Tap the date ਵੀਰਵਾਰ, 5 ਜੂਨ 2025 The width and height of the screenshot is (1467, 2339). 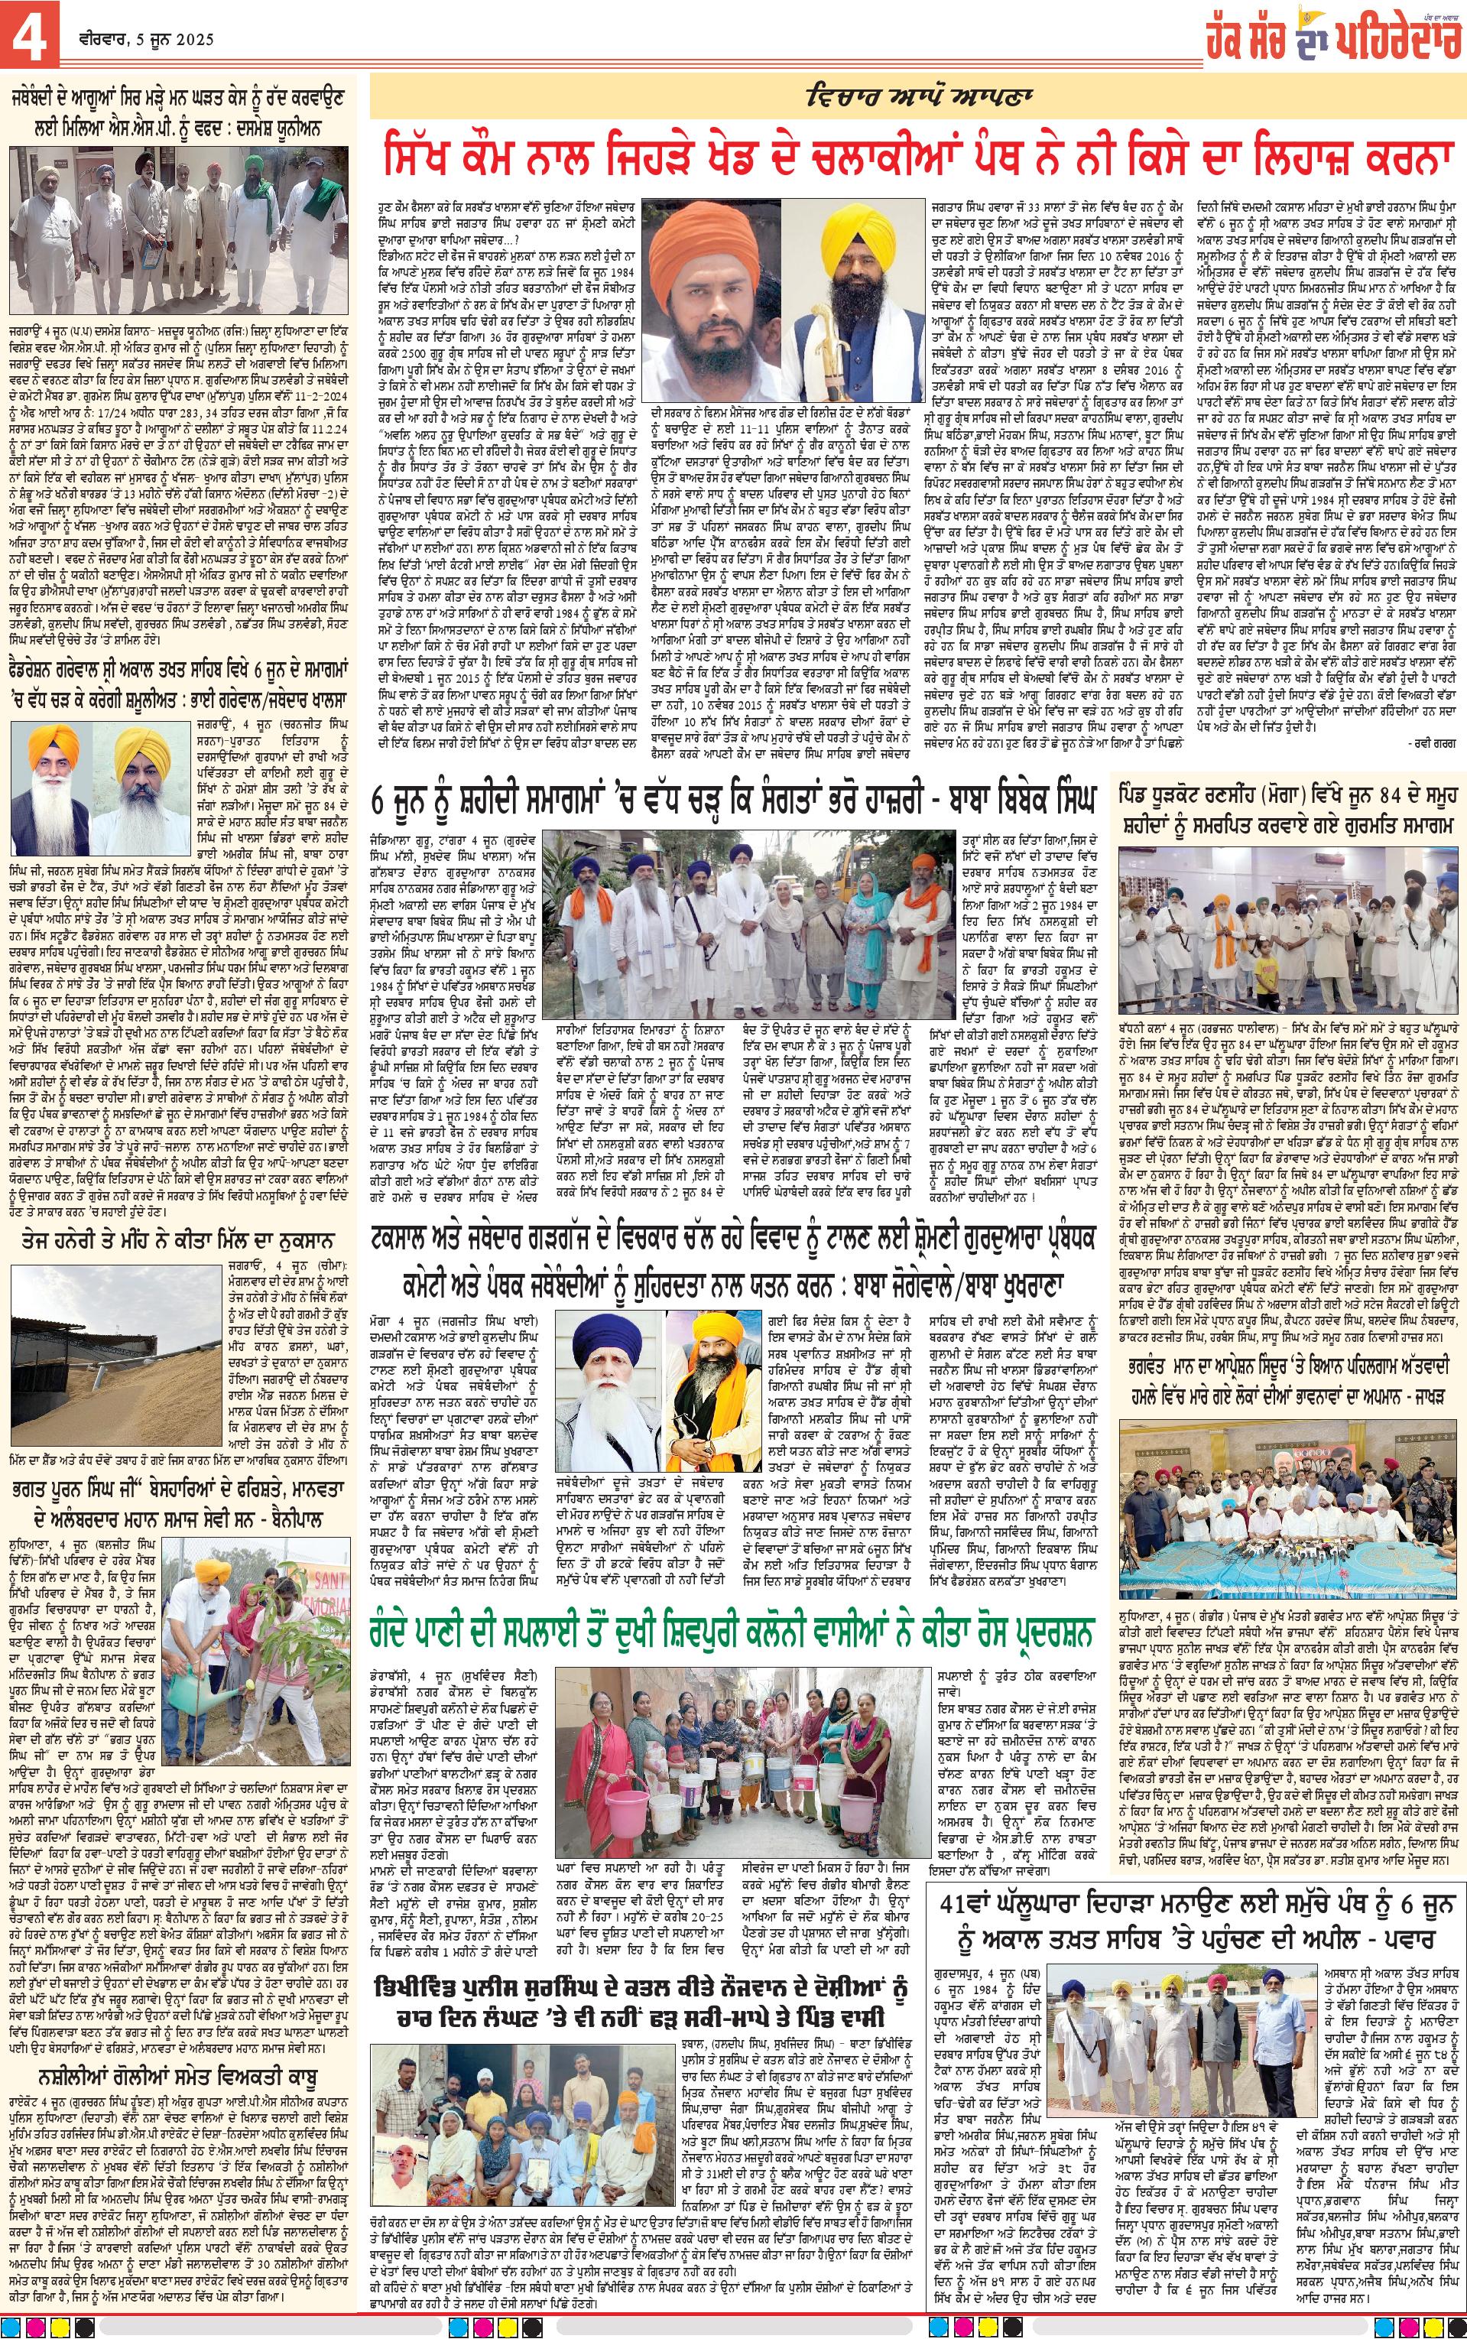(149, 40)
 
